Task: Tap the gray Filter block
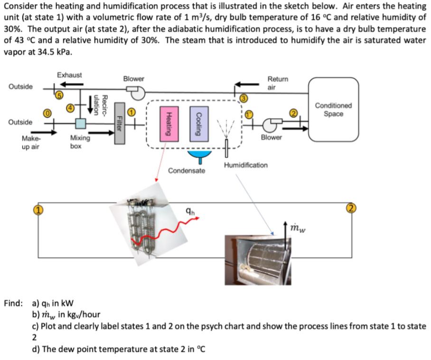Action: (x=120, y=124)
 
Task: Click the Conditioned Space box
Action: (x=333, y=110)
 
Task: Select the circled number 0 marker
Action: (x=47, y=113)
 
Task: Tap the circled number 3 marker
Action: (x=244, y=98)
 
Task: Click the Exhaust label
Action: (x=69, y=75)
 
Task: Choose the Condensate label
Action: (x=187, y=170)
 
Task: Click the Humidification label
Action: (x=245, y=165)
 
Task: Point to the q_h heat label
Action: (x=189, y=212)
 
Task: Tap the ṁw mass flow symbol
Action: (x=299, y=228)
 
